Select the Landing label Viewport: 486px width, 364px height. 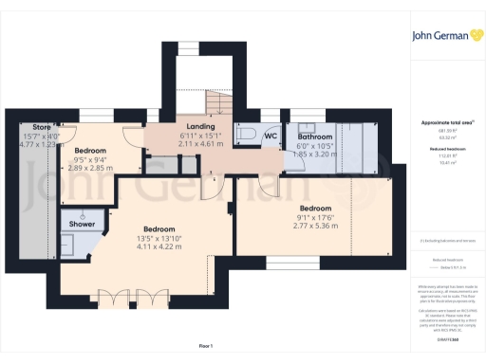(199, 126)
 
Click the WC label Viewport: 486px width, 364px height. (270, 136)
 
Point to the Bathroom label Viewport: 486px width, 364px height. (314, 136)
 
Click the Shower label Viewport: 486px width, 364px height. (76, 224)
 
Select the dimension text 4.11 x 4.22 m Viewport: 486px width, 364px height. (159, 246)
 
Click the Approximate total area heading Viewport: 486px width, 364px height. (439, 123)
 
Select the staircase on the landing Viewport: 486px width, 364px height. (218, 99)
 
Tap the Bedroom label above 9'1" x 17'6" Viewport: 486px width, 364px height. (315, 208)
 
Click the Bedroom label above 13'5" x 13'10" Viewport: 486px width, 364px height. (159, 229)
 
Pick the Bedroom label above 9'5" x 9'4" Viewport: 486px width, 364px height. (90, 151)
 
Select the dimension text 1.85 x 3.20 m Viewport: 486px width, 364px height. (314, 153)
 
